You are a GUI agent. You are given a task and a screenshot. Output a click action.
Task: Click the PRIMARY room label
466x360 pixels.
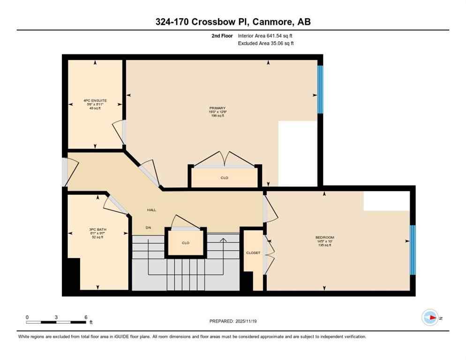(x=218, y=108)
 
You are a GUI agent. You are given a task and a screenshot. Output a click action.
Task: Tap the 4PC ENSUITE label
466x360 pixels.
(x=92, y=100)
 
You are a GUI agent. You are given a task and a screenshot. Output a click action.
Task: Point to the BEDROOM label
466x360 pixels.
(x=324, y=238)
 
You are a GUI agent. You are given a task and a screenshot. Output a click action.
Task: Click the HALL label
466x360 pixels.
(x=151, y=210)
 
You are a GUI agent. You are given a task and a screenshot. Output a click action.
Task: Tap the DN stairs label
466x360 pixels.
(x=148, y=228)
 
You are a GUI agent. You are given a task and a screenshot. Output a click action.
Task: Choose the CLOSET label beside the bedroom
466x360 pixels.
(x=253, y=253)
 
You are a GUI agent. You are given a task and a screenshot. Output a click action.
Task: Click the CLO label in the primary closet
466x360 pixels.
(x=224, y=178)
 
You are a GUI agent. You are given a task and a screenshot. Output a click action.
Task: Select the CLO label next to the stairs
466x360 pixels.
(x=185, y=243)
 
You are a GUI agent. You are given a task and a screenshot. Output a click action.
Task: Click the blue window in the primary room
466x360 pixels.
(x=320, y=90)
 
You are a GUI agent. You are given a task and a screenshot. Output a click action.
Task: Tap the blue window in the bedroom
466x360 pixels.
(x=413, y=250)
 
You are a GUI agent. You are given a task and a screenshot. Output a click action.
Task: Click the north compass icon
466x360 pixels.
(x=430, y=317)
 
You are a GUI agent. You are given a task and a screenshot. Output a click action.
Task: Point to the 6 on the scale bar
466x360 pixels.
(x=85, y=317)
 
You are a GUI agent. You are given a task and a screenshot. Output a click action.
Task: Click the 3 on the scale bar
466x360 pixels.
(x=56, y=317)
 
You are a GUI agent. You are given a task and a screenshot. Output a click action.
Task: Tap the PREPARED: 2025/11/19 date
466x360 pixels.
(x=233, y=321)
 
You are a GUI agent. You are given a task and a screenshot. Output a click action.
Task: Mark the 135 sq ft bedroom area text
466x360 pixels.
(x=324, y=245)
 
